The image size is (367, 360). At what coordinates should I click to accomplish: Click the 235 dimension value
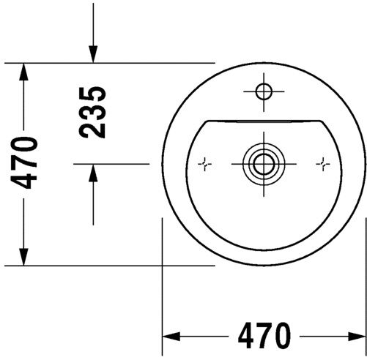pos(93,111)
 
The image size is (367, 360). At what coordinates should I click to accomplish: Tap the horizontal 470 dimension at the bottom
pos(264,336)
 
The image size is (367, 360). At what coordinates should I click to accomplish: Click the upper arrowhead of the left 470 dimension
pos(24,72)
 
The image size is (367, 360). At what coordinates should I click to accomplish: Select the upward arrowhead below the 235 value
pos(93,173)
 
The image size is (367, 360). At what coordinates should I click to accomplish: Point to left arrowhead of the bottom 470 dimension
pos(170,336)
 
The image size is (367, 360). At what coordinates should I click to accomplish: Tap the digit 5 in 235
pos(93,94)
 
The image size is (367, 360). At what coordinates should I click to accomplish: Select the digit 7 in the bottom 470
pos(264,336)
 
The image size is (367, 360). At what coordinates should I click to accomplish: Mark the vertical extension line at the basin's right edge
pos(364,293)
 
